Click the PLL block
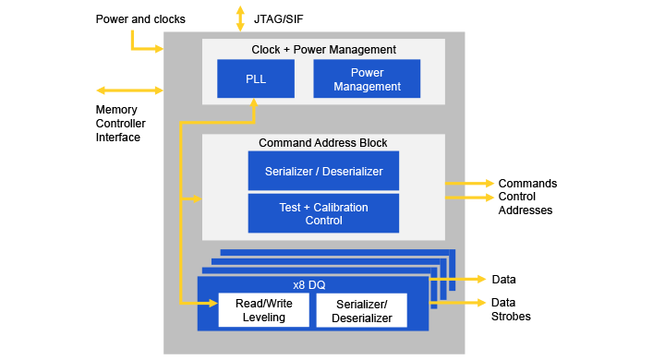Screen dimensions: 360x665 (256, 78)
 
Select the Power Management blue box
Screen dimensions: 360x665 (367, 78)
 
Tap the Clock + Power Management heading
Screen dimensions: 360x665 (323, 49)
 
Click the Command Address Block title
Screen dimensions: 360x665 (323, 143)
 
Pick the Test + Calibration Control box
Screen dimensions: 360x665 (323, 213)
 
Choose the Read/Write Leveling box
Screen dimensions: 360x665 (262, 310)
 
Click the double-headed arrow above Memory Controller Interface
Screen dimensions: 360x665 (129, 90)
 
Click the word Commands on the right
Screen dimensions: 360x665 (527, 183)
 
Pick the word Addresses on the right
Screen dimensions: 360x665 (526, 210)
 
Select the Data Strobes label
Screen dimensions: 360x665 (511, 309)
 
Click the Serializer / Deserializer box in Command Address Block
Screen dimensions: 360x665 (323, 171)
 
